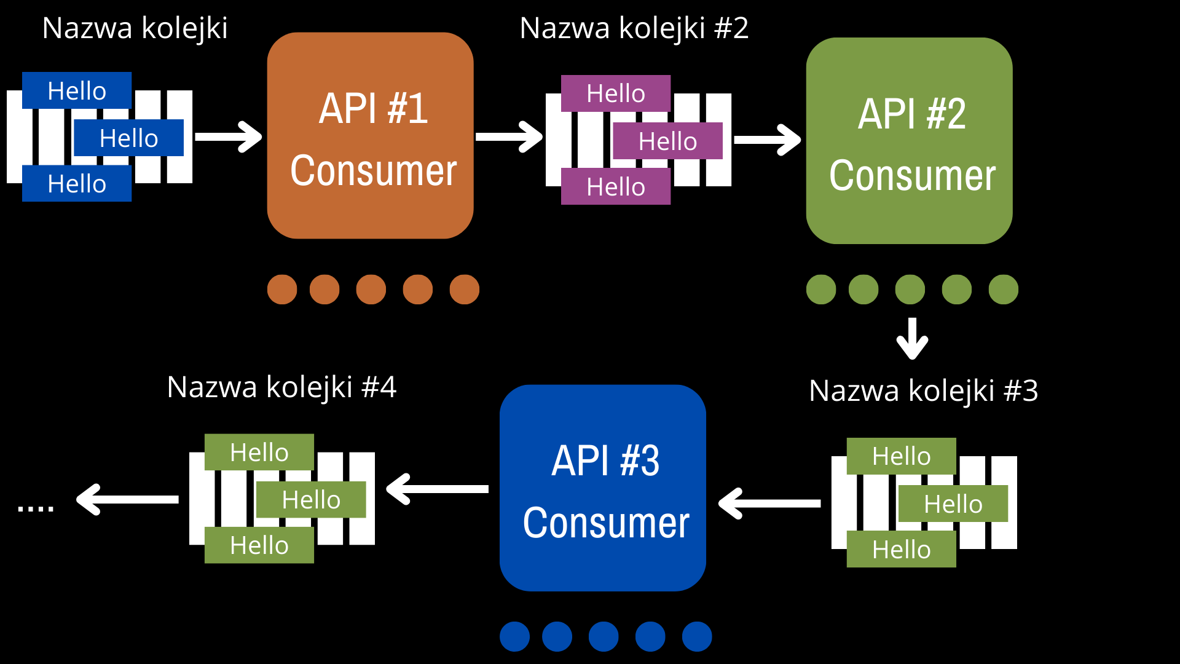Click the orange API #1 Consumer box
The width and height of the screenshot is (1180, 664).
click(x=370, y=135)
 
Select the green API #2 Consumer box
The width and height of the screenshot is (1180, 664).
click(x=909, y=141)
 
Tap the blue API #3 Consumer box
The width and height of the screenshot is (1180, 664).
click(x=603, y=488)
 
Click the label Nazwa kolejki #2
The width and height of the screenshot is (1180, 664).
click(x=634, y=28)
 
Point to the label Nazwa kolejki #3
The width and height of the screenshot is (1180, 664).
click(x=923, y=391)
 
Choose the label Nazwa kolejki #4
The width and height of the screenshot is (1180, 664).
click(x=281, y=387)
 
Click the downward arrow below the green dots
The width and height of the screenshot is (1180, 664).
click(x=912, y=338)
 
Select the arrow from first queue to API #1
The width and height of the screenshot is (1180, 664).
click(x=228, y=136)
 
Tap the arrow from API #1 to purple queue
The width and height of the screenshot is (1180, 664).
click(x=509, y=136)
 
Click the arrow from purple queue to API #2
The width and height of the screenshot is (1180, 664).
click(x=767, y=140)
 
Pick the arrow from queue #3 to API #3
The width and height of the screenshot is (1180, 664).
click(x=769, y=504)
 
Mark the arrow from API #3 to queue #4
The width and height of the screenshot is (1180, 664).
click(x=437, y=489)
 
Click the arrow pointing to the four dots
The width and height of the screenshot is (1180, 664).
click(x=127, y=499)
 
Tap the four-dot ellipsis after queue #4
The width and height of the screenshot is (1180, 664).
click(x=36, y=508)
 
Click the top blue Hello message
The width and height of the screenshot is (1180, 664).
click(x=77, y=90)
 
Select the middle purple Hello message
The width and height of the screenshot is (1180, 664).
click(x=667, y=141)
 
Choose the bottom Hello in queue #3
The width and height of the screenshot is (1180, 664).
click(x=901, y=549)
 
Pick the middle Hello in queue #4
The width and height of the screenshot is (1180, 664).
click(x=311, y=500)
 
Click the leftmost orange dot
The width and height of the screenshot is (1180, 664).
click(x=282, y=290)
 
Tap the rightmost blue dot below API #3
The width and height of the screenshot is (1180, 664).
click(x=697, y=636)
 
